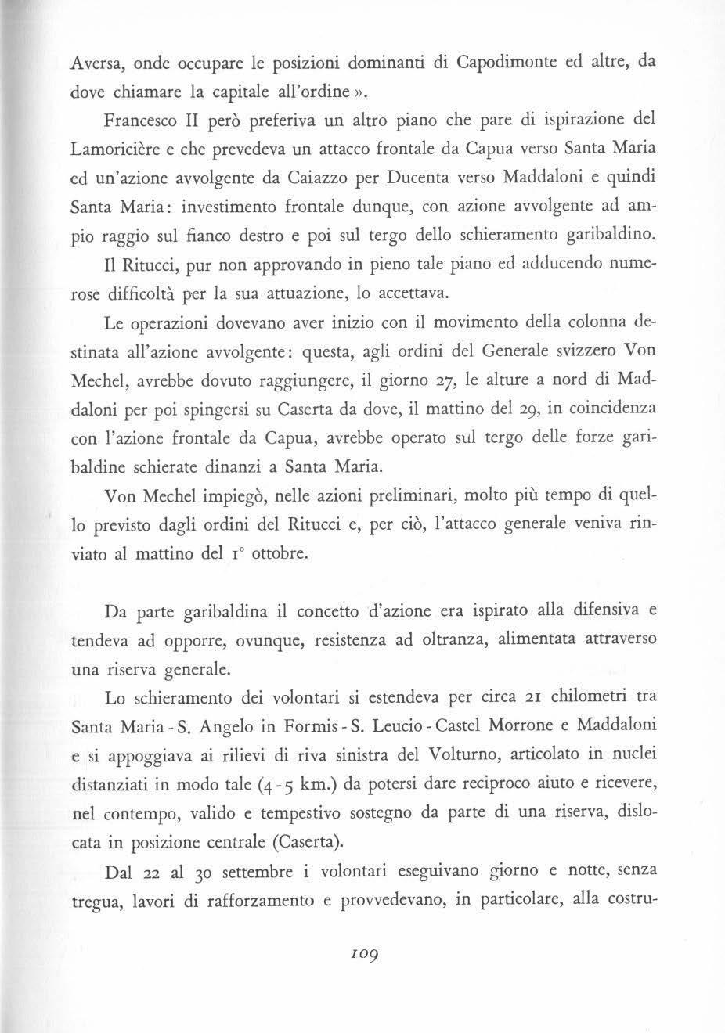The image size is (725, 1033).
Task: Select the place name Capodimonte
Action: [x=484, y=63]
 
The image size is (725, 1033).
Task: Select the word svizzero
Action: [x=560, y=351]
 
